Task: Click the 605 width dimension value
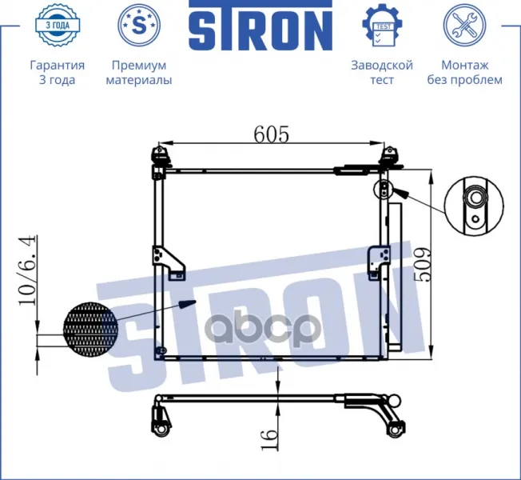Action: point(272,134)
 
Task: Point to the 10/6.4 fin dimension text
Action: point(27,270)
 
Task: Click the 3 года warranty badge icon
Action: point(58,25)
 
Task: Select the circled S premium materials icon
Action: point(139,25)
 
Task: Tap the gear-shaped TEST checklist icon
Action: point(382,26)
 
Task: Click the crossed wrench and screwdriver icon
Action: point(464,25)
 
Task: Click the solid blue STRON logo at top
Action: point(260,26)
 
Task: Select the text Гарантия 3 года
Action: point(58,73)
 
